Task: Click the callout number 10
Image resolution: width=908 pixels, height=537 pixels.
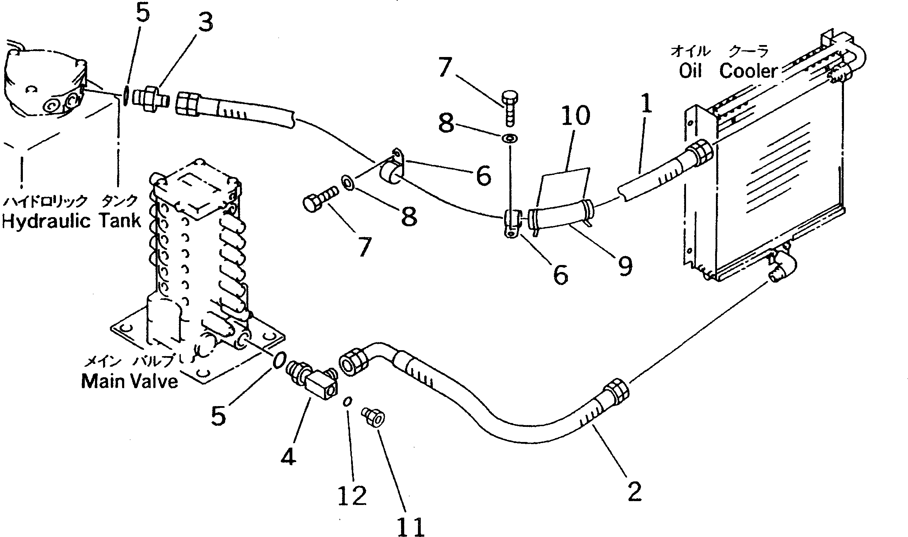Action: (x=576, y=116)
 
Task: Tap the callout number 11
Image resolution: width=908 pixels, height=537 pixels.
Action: (x=411, y=526)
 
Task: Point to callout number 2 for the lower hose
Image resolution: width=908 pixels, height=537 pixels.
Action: (x=635, y=491)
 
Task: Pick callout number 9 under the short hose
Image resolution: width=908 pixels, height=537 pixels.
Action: (x=625, y=266)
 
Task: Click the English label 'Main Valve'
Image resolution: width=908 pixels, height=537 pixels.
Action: (x=129, y=381)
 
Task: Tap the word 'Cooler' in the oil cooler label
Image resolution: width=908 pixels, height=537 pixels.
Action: (x=748, y=71)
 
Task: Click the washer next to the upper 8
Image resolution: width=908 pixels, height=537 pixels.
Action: (x=510, y=138)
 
